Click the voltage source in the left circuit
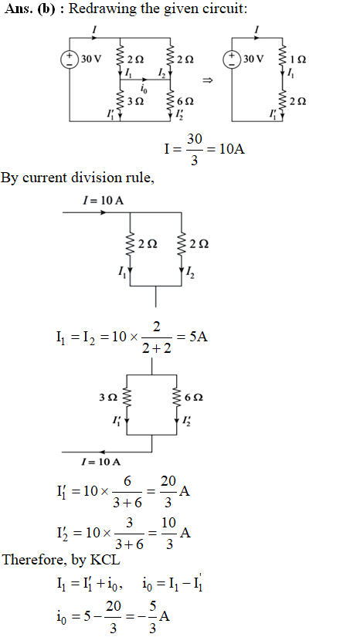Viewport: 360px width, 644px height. [70, 59]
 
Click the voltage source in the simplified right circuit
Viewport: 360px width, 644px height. [232, 59]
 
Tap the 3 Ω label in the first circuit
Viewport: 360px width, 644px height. [136, 101]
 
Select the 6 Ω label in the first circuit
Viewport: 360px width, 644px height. [185, 101]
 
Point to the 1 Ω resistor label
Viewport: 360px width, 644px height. [298, 59]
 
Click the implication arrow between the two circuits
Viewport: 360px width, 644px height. [208, 80]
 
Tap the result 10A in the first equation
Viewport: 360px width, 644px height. [233, 149]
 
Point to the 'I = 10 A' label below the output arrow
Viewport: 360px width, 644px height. [101, 462]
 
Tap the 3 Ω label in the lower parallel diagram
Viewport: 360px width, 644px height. [108, 398]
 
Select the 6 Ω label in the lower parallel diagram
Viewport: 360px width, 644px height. [194, 398]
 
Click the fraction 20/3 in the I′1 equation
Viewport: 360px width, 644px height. [168, 492]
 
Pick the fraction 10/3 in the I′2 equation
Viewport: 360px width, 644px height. [168, 533]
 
